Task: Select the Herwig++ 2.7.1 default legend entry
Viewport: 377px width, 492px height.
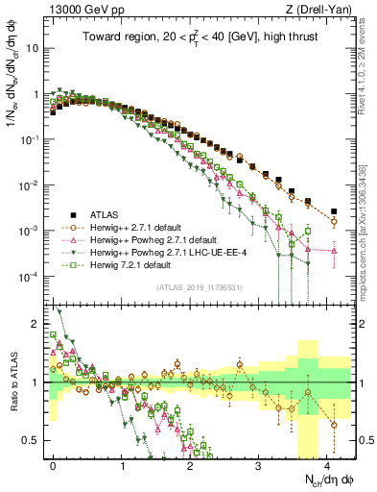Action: click(130, 226)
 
